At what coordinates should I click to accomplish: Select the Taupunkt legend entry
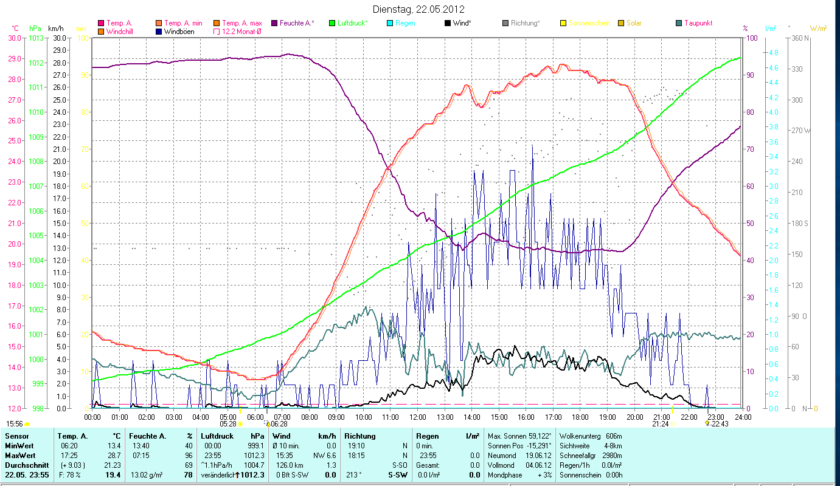698,23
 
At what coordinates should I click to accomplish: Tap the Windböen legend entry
179,31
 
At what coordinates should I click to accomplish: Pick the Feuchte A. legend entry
297,23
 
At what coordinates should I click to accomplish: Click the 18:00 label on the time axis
580,417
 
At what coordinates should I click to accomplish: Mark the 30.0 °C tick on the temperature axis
14,38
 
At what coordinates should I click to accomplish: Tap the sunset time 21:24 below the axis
661,424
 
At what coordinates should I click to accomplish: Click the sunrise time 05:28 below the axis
227,424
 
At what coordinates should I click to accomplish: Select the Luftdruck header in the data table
217,436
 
